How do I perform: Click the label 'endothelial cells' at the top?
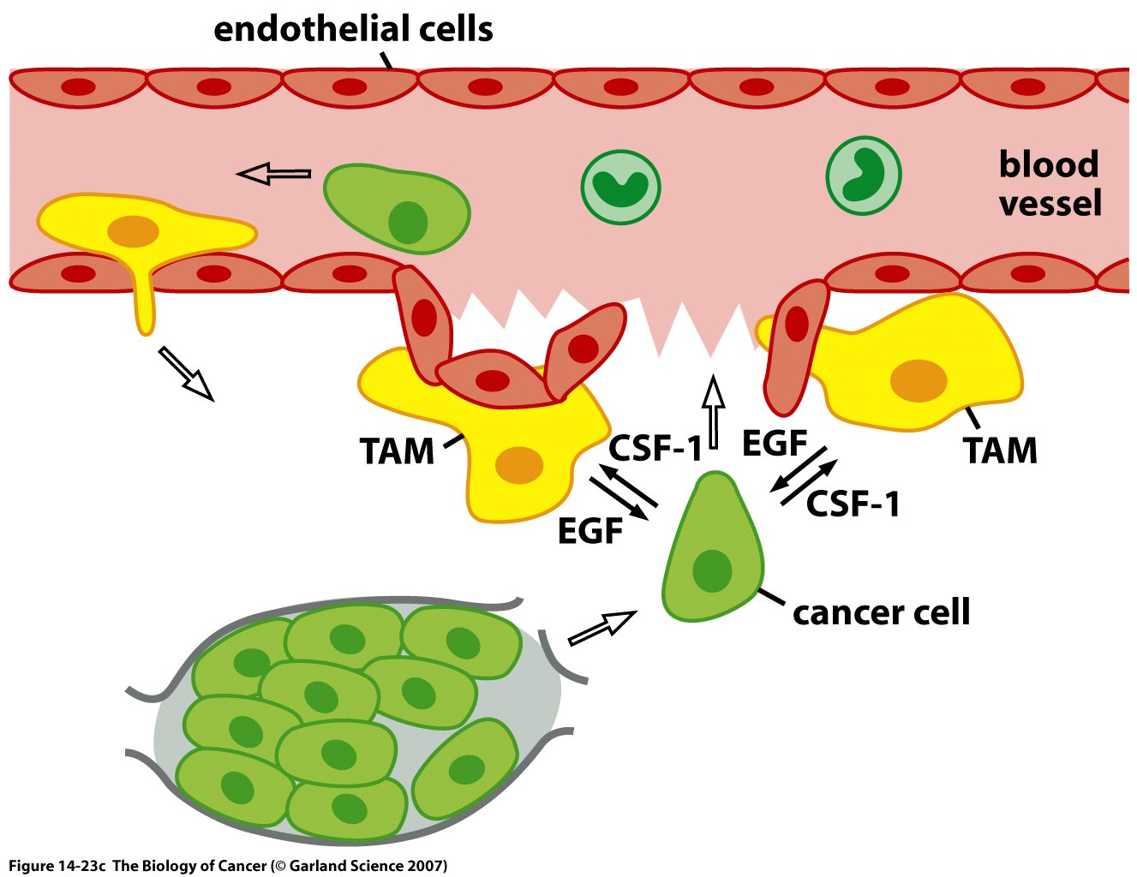click(353, 29)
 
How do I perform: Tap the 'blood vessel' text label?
click(1050, 183)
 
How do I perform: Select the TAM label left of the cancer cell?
click(398, 451)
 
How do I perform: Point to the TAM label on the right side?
click(1000, 450)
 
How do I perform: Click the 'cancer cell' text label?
click(881, 612)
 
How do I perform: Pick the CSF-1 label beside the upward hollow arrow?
click(655, 447)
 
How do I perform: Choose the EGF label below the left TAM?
click(590, 531)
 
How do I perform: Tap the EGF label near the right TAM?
click(774, 443)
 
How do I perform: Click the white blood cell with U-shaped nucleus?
click(621, 187)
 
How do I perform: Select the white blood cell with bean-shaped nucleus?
click(864, 175)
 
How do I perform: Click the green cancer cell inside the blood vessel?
click(397, 208)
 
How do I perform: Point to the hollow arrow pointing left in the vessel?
click(274, 175)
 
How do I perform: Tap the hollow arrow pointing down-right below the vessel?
click(186, 373)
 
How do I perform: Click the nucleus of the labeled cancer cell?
click(712, 571)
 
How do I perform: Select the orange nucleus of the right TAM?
click(919, 381)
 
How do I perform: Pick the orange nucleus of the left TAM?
click(519, 465)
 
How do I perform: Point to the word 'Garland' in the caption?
click(319, 865)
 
